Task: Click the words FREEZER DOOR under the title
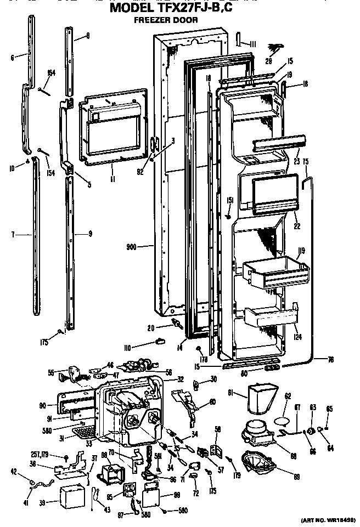tap(166, 20)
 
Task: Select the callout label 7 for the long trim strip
tap(13, 235)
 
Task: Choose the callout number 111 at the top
tap(253, 44)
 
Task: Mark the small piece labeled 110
tap(160, 341)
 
